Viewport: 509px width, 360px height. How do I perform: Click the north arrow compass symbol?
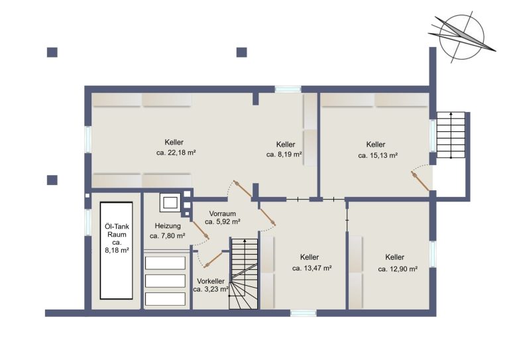click(461, 37)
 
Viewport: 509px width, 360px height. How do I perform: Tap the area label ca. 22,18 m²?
click(176, 153)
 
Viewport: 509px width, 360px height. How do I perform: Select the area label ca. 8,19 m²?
click(284, 154)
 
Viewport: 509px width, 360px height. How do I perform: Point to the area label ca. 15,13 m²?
click(378, 156)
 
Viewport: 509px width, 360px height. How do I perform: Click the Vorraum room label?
click(223, 214)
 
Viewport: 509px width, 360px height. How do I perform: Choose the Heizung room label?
click(168, 226)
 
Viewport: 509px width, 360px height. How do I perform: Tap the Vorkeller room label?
click(211, 281)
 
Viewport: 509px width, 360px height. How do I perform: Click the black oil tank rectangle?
click(116, 251)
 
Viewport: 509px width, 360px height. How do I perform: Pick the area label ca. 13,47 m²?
click(311, 269)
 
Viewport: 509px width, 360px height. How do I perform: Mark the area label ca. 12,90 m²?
click(398, 269)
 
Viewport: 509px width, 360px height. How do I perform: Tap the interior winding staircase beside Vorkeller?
click(244, 274)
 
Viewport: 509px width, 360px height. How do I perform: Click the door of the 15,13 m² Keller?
click(421, 182)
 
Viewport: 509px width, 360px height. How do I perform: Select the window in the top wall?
click(288, 90)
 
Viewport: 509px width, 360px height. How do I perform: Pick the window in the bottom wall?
click(303, 313)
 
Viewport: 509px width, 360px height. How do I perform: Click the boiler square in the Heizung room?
click(170, 203)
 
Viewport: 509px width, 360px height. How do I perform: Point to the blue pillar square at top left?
click(52, 52)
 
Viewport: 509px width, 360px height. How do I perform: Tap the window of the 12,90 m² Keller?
click(433, 254)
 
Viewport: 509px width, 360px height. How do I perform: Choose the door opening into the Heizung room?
click(199, 229)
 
